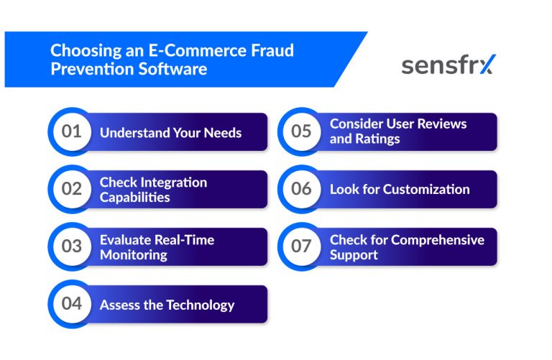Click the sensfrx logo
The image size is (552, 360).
click(x=448, y=65)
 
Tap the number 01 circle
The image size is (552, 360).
click(x=72, y=131)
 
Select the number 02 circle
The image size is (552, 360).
click(x=72, y=189)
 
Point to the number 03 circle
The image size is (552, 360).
click(x=72, y=246)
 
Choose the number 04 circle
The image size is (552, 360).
click(x=72, y=304)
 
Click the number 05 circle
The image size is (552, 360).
click(x=301, y=131)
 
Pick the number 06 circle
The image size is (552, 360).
click(x=301, y=189)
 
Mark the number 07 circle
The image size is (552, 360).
click(x=301, y=246)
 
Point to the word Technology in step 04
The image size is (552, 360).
click(x=200, y=305)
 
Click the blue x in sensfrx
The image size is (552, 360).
click(x=487, y=65)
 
